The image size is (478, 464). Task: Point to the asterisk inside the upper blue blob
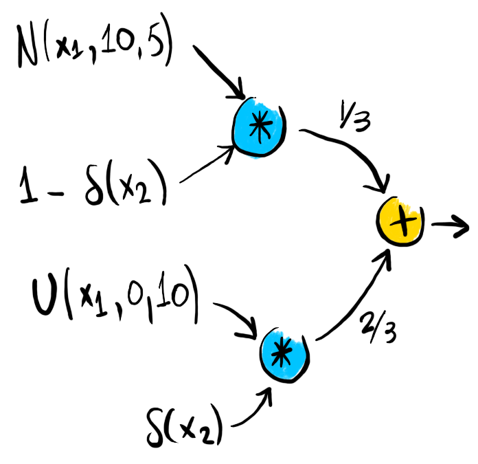[x=260, y=125]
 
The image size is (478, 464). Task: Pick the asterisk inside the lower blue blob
[x=281, y=352]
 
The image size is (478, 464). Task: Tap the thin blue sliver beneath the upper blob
[x=254, y=157]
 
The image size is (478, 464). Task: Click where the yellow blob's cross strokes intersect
[x=403, y=222]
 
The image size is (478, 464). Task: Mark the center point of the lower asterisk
[x=281, y=352]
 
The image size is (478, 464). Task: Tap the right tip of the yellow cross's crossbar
[x=416, y=219]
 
